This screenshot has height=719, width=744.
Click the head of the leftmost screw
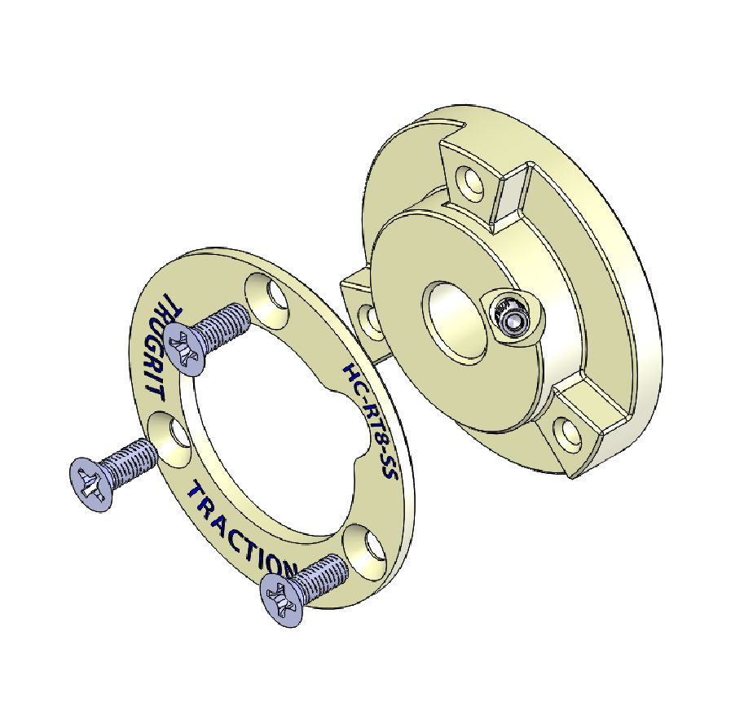tap(90, 484)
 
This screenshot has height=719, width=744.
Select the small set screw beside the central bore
tap(512, 318)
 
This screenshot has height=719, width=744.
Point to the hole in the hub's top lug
tap(469, 180)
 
